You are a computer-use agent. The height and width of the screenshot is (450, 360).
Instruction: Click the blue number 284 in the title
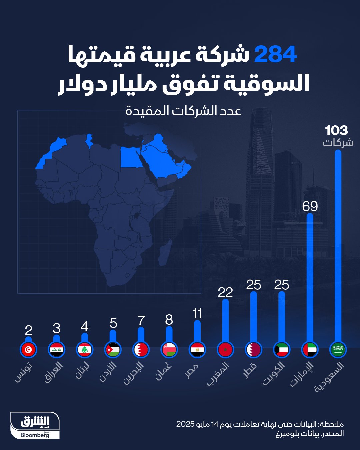click(275, 55)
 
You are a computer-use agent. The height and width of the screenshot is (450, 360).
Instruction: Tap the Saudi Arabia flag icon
click(338, 350)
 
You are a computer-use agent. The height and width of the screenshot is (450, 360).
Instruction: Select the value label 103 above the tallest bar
click(336, 130)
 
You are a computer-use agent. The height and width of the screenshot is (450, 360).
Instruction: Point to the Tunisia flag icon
click(28, 350)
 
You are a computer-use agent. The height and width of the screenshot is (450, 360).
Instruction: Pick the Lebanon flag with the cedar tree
click(85, 350)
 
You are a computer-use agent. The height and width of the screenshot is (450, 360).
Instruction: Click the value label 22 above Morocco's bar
click(225, 292)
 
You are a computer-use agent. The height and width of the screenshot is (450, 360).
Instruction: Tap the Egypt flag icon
click(197, 350)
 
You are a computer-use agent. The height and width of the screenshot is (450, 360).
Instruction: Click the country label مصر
click(192, 371)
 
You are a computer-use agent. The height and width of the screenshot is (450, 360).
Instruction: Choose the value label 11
click(197, 313)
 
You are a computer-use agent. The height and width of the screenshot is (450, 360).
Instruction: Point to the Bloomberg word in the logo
click(35, 435)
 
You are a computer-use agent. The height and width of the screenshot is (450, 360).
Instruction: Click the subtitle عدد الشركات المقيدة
click(183, 110)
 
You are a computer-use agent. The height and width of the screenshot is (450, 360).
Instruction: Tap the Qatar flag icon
click(253, 350)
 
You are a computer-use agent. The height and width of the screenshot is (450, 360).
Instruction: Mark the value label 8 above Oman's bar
click(169, 320)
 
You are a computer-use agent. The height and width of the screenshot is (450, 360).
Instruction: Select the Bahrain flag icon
click(141, 350)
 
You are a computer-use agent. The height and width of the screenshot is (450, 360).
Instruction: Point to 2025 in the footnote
click(185, 424)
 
